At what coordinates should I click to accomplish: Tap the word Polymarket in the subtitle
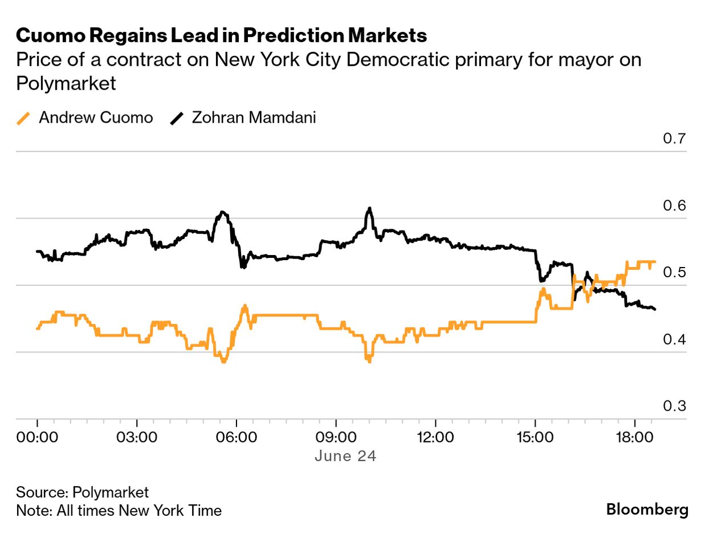66,84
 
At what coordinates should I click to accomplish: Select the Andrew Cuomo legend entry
85,118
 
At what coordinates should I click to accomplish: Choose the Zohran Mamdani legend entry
244,118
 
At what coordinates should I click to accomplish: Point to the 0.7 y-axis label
675,139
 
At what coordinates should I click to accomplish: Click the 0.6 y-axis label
675,205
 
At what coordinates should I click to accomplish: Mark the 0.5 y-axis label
675,272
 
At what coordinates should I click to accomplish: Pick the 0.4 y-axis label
675,339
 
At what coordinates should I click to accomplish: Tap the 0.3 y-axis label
675,406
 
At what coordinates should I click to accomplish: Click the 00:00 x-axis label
37,438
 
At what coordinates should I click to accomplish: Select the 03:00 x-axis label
137,438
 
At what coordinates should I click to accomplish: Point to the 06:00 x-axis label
236,438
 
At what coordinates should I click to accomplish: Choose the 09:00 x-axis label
336,438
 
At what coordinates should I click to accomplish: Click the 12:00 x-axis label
435,438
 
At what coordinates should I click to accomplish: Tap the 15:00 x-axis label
535,438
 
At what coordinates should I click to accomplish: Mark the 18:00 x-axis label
635,438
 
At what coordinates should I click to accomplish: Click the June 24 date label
345,456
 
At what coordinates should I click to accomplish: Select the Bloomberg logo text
647,509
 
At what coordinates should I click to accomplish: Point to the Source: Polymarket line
83,492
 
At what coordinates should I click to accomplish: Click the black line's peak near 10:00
370,209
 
